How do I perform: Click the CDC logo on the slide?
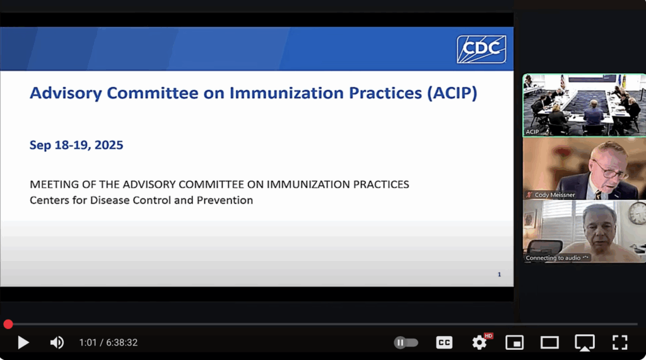coord(481,49)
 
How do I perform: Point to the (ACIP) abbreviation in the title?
coord(452,93)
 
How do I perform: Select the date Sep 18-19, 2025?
coord(76,145)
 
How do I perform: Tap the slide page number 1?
coord(500,274)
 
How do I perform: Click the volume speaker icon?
coord(57,342)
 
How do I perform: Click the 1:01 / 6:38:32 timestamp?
coord(108,342)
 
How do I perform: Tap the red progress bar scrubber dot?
coord(8,324)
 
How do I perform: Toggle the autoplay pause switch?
coord(406,342)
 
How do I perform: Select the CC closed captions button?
coord(444,342)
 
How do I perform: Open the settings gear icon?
coord(479,342)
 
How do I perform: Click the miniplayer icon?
coord(514,342)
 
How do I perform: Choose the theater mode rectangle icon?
coord(549,342)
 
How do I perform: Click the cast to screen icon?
coord(584,342)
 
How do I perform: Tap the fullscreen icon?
coord(620,342)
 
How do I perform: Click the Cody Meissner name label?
coord(555,195)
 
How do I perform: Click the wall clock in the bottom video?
coord(637,212)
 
